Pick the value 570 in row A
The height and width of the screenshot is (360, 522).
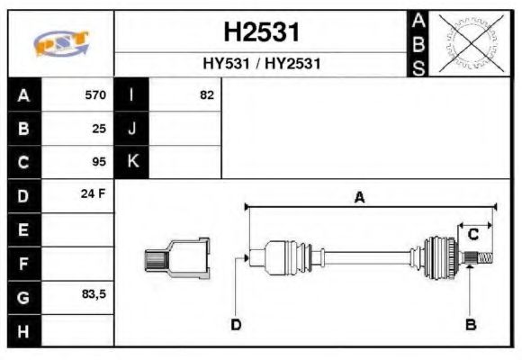pyautogui.click(x=94, y=94)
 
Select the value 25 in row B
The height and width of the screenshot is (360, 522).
pyautogui.click(x=99, y=128)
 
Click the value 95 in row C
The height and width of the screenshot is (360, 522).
pyautogui.click(x=99, y=162)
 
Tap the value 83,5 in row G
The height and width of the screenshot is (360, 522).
pyautogui.click(x=94, y=295)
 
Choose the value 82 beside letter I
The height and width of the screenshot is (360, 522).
pyautogui.click(x=206, y=94)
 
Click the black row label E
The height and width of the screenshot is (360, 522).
pyautogui.click(x=23, y=229)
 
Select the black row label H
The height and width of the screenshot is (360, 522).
pyautogui.click(x=23, y=330)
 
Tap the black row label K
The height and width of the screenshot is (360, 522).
pyautogui.click(x=132, y=162)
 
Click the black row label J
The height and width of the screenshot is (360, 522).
pyautogui.click(x=132, y=128)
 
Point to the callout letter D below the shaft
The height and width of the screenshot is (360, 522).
pyautogui.click(x=236, y=324)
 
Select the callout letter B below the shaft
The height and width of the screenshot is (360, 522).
pyautogui.click(x=470, y=324)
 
